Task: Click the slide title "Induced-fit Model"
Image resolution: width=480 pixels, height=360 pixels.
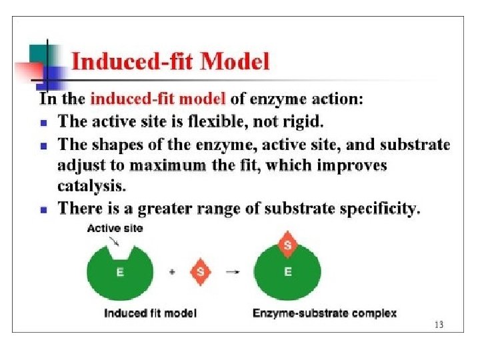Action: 170,62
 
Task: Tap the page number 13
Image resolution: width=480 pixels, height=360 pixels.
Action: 438,325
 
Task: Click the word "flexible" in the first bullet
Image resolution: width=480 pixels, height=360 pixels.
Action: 227,122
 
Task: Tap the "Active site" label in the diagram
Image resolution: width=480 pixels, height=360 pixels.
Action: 115,229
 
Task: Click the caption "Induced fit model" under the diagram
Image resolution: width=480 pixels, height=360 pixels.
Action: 150,313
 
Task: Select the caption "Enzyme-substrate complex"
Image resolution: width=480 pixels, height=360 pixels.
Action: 325,313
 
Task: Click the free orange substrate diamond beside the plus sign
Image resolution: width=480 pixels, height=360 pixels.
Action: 201,272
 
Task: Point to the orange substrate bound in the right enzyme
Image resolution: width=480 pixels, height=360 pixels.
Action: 288,246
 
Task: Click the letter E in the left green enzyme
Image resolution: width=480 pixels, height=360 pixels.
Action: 120,272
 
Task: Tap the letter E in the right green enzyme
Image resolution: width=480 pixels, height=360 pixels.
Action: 288,272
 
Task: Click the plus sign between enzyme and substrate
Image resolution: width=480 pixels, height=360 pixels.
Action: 173,272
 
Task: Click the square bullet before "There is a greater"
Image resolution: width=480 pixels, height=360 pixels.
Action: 43,209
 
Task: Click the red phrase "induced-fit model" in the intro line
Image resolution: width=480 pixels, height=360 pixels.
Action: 158,100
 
